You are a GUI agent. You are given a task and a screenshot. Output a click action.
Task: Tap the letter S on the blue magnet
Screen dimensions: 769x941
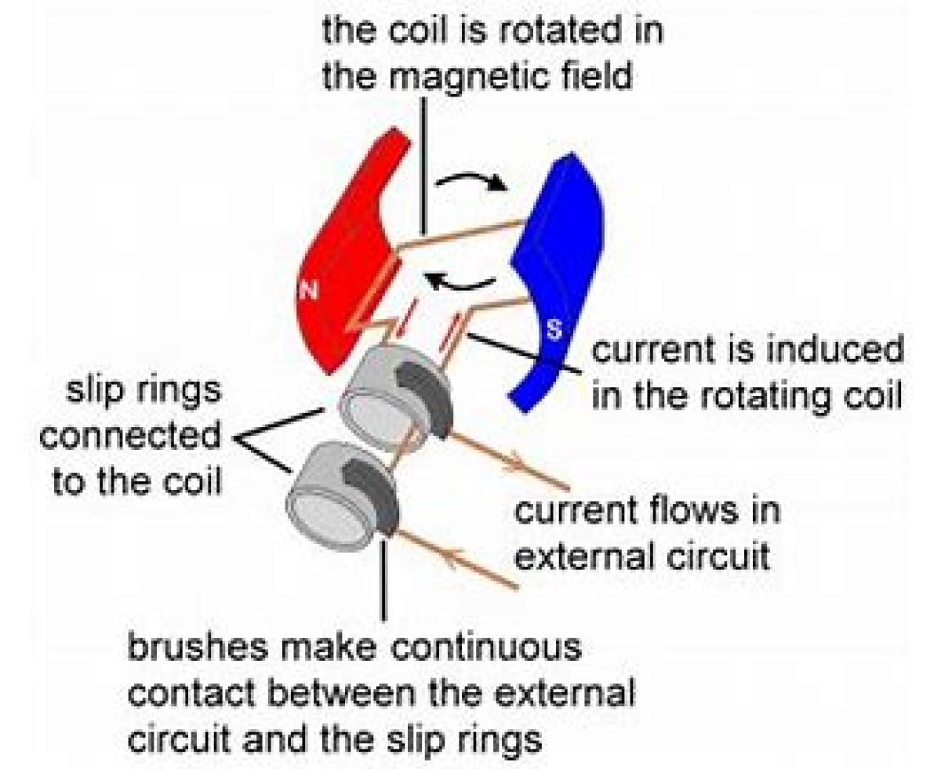554,332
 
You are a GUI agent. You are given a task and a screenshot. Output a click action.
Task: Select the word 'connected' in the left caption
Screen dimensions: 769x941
129,437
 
